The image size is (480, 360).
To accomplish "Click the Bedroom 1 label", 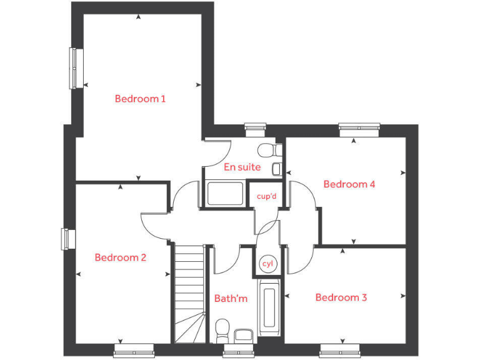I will (x=140, y=99).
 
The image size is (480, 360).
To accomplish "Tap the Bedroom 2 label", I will (x=120, y=257).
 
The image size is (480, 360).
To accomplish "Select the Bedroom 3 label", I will (x=341, y=297).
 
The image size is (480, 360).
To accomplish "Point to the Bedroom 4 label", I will (x=349, y=184).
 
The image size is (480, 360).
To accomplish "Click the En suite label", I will (x=242, y=167).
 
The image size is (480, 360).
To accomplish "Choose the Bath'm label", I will (x=231, y=299).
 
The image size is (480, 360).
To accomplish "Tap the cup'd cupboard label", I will (x=266, y=196).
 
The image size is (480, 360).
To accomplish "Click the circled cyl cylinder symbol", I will (x=267, y=264).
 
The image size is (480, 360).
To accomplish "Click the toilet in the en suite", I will (x=269, y=150).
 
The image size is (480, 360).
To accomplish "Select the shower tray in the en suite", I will (x=226, y=193).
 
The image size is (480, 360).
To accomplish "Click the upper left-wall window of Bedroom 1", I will (x=76, y=68).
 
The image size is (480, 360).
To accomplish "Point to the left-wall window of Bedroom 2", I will (x=67, y=239).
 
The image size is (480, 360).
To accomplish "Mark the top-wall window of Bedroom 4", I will (x=359, y=129).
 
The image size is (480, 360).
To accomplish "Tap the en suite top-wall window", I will (x=255, y=130).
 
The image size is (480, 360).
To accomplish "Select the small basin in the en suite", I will (x=276, y=167).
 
